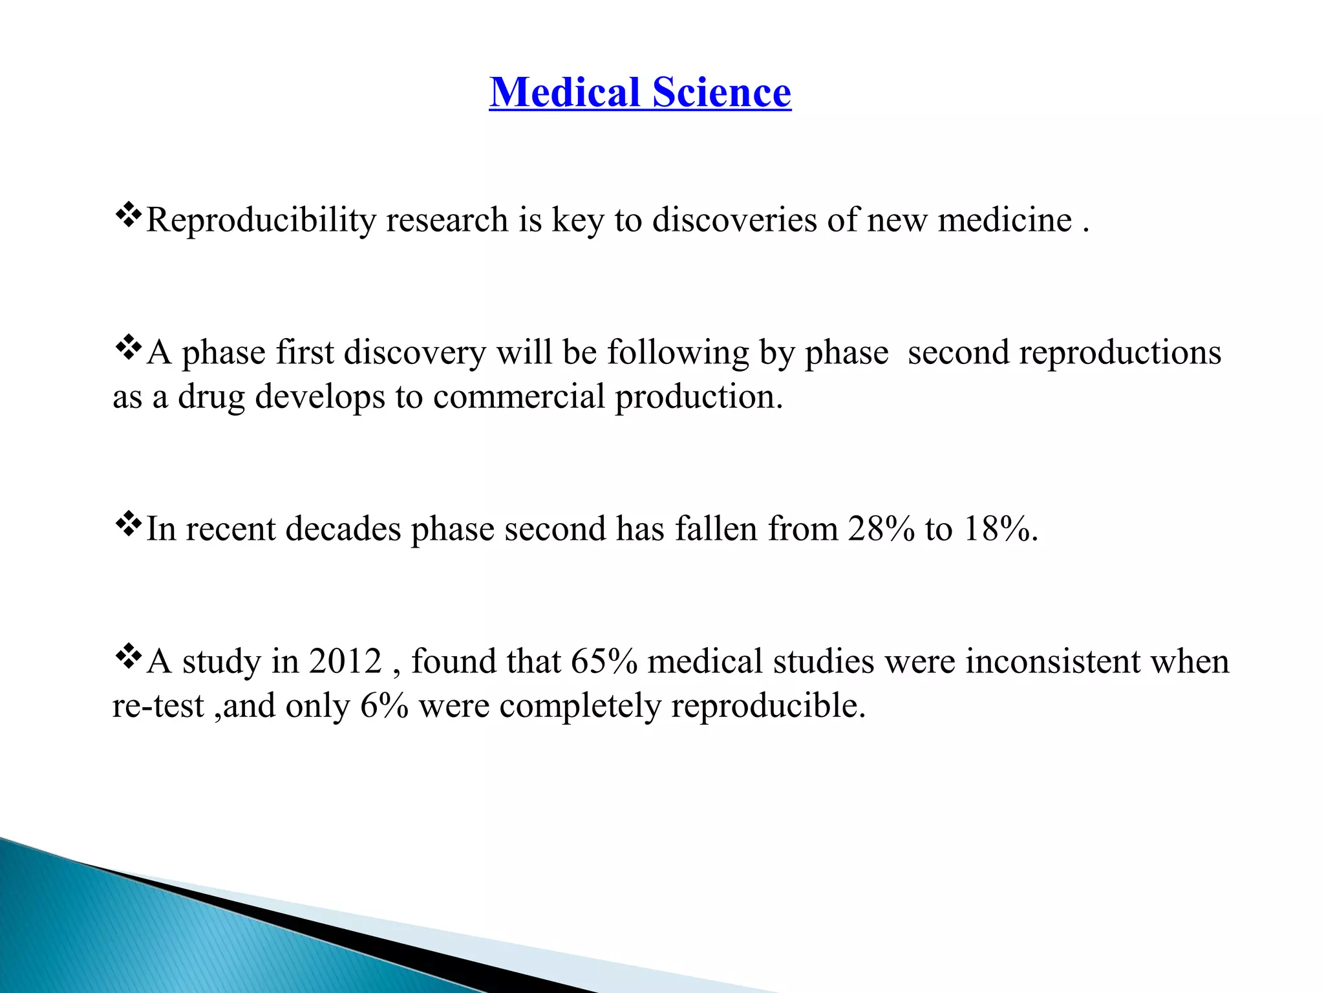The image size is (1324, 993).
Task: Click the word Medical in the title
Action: point(564,92)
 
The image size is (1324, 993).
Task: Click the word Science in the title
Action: point(721,92)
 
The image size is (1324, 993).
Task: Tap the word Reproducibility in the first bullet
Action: point(261,220)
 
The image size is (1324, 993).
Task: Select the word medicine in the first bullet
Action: point(1005,220)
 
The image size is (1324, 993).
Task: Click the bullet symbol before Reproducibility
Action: point(128,215)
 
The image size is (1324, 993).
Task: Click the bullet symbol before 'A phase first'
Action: point(128,347)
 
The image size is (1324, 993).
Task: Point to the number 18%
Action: point(999,529)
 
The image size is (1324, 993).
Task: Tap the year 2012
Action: point(345,661)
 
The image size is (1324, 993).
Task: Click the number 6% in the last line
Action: point(384,705)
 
